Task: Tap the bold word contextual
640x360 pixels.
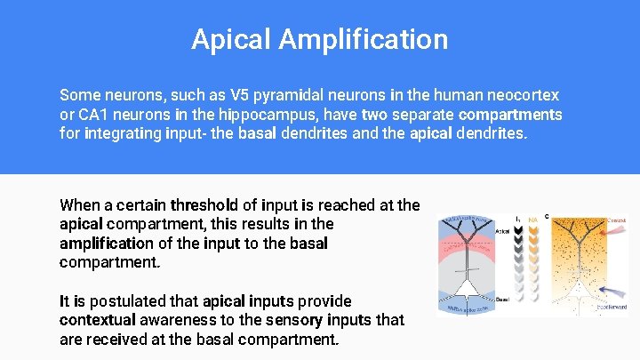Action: click(98, 319)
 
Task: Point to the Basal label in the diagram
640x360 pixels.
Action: click(502, 299)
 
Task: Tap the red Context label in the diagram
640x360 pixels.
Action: click(616, 220)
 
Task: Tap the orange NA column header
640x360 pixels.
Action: click(532, 219)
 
